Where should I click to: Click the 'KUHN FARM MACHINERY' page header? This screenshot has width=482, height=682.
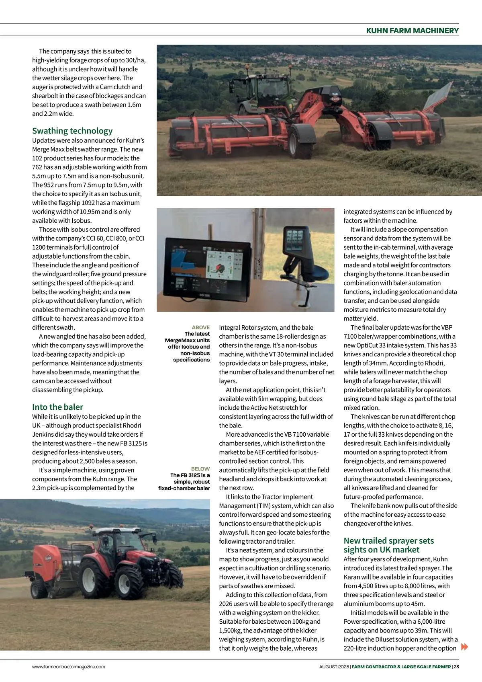(x=412, y=31)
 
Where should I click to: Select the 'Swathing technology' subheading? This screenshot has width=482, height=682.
(x=72, y=131)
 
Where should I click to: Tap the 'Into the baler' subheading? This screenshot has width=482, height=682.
(x=57, y=407)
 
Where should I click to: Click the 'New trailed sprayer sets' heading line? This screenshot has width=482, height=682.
(x=388, y=541)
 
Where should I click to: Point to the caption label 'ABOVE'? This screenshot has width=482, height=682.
(x=201, y=327)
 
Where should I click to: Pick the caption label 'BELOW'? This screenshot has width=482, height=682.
(x=200, y=469)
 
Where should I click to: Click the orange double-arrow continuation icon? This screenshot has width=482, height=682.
(x=464, y=647)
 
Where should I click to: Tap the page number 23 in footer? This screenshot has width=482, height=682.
(x=456, y=667)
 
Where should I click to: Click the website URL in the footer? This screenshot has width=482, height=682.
(x=69, y=667)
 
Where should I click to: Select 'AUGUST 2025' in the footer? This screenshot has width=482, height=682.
(x=334, y=667)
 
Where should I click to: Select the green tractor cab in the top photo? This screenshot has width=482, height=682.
(x=261, y=88)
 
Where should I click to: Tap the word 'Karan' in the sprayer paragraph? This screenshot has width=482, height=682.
(x=352, y=577)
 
